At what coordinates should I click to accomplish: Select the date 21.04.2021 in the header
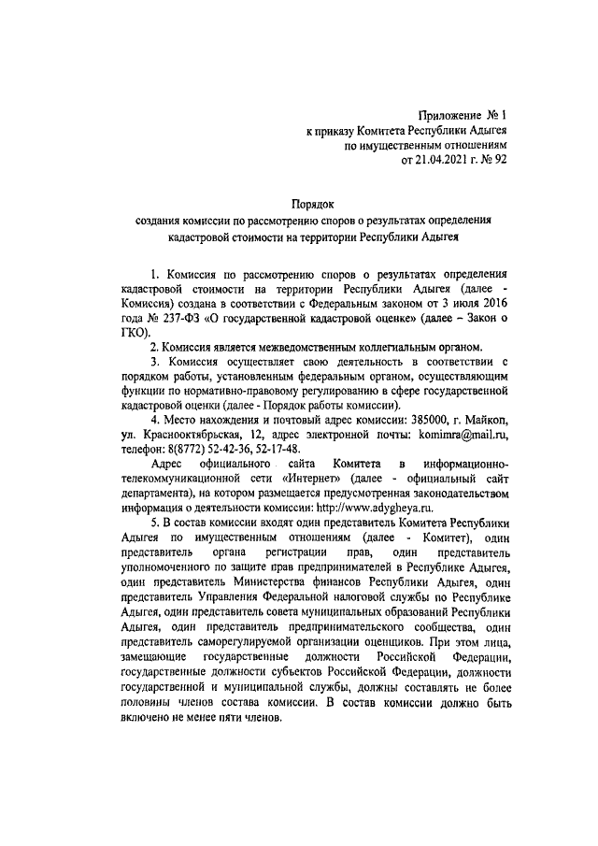click(x=432, y=160)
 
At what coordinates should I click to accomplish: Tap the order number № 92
click(x=492, y=160)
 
